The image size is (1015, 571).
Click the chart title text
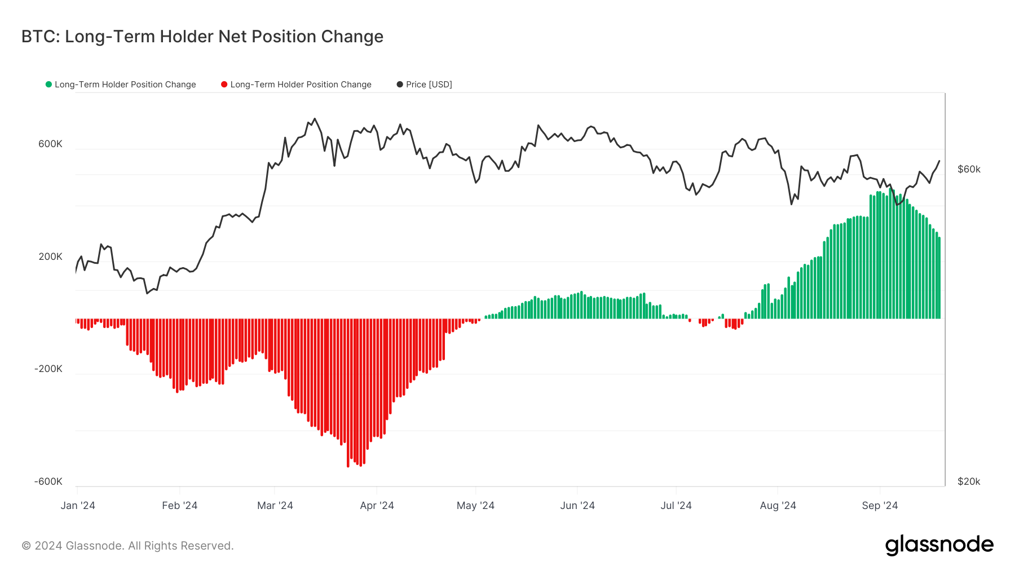pos(202,37)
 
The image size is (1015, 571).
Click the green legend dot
pos(48,85)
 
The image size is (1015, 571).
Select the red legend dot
pos(224,85)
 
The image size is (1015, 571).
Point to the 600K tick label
pos(50,144)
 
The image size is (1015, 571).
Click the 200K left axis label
pos(50,256)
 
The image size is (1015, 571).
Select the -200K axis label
pos(48,369)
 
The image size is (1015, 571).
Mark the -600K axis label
pos(48,481)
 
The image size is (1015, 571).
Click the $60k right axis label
pos(969,169)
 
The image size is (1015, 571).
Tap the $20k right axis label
pos(969,481)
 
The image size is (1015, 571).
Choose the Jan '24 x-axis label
pos(78,506)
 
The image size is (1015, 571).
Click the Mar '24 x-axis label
pos(275,506)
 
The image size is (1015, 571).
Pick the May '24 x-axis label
pos(475,506)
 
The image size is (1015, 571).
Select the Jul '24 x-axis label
pos(676,506)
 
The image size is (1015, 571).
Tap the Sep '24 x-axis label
pos(880,506)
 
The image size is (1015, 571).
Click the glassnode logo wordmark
pos(939,545)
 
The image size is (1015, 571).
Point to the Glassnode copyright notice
pos(127,546)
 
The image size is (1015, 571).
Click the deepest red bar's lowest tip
pos(348,466)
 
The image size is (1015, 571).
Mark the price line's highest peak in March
pos(315,119)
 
